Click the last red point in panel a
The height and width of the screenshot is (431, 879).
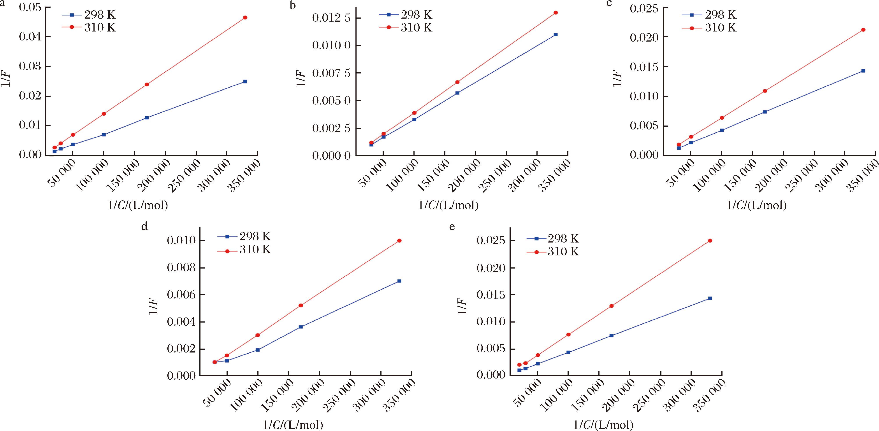[245, 17]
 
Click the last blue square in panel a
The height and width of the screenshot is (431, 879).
[245, 82]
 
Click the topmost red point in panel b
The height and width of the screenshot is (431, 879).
[556, 13]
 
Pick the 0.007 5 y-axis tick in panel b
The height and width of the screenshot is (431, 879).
[331, 73]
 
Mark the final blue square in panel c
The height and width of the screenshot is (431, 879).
[863, 71]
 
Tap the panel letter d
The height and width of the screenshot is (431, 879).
[144, 226]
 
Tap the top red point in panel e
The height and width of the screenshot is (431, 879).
[710, 240]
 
